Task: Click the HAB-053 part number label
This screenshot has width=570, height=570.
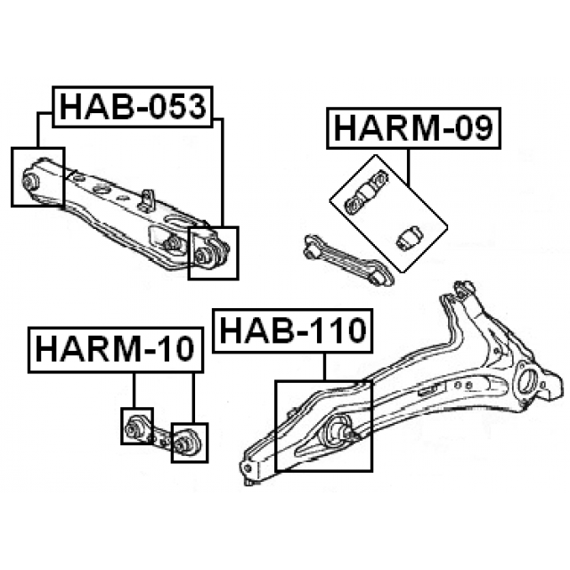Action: (x=133, y=107)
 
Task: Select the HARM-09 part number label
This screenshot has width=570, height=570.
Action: (x=413, y=128)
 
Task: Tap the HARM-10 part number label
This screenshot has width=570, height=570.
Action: (x=116, y=350)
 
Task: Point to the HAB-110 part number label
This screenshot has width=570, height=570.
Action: (x=293, y=330)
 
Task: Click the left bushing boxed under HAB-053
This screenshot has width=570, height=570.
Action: (x=29, y=181)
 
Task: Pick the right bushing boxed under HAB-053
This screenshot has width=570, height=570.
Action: (x=204, y=256)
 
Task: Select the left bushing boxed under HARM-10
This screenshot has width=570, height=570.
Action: (x=134, y=427)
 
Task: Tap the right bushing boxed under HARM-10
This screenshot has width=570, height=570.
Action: (x=183, y=444)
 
